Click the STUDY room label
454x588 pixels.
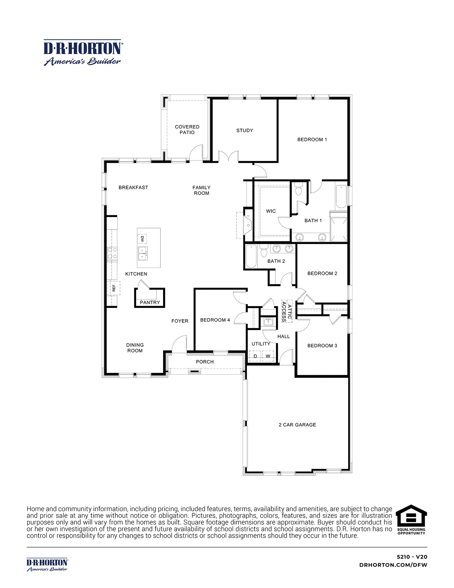(x=245, y=130)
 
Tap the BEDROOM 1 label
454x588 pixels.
(x=312, y=140)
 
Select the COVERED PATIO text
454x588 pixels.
(x=187, y=130)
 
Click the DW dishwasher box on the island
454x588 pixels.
(x=142, y=239)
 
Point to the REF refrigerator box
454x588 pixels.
(x=114, y=288)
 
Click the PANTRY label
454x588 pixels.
(x=150, y=302)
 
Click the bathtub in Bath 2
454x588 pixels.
(x=251, y=256)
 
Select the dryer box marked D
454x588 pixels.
(x=255, y=356)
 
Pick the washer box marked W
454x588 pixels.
(x=268, y=356)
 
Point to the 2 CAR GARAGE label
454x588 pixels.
(x=297, y=425)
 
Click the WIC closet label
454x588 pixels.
(x=271, y=211)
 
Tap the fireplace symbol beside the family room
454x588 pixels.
(x=248, y=225)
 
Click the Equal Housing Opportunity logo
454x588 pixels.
(x=411, y=520)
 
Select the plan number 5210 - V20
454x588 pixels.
(x=412, y=557)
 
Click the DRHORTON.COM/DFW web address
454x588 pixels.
(x=393, y=565)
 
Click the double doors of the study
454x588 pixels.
(x=229, y=157)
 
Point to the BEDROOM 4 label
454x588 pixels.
(x=215, y=320)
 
